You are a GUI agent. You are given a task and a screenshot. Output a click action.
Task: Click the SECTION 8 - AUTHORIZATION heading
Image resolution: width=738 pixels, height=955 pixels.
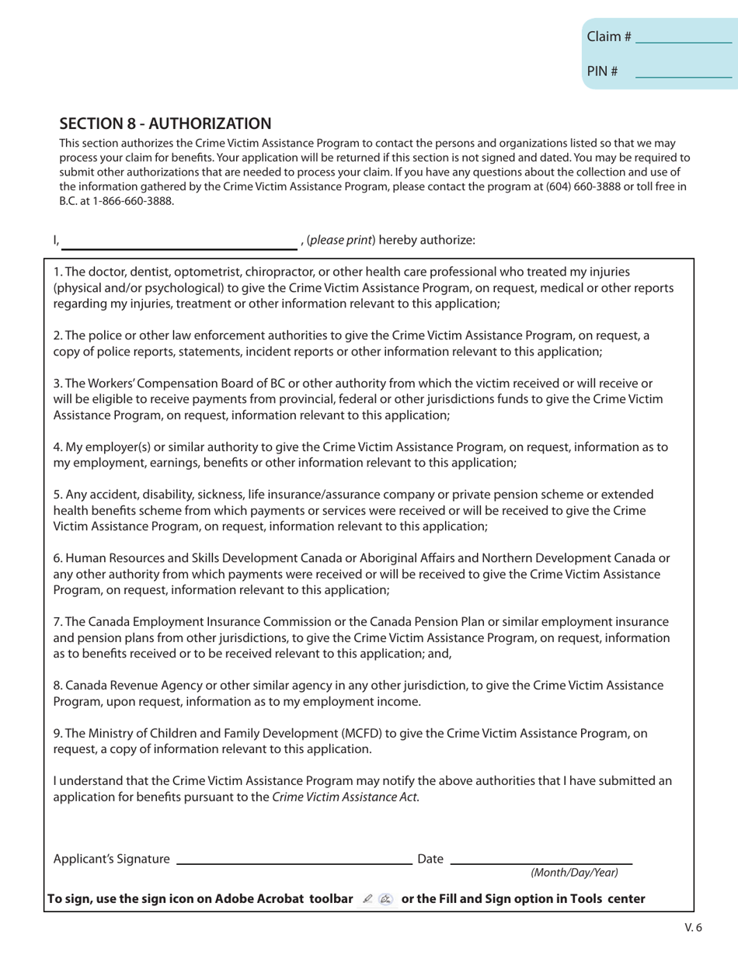point(165,123)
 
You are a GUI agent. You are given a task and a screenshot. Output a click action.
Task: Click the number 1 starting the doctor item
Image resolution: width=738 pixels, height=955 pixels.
point(57,272)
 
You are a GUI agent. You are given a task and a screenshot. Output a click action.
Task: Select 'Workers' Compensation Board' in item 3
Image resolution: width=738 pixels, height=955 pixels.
point(178,383)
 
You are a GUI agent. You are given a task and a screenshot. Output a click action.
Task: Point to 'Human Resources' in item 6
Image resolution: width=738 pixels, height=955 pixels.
point(112,557)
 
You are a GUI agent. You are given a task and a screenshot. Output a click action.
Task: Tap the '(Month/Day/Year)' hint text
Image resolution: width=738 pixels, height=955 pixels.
point(574,873)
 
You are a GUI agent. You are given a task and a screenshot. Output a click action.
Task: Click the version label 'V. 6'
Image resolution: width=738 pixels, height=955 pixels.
point(694,927)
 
